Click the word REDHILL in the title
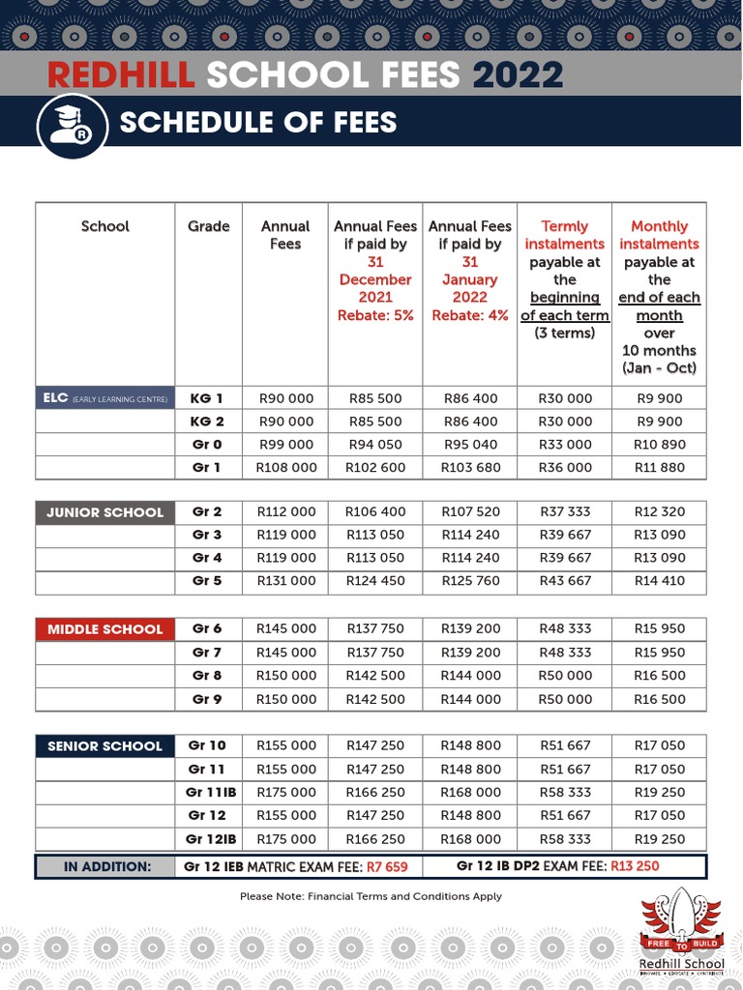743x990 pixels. click(x=121, y=75)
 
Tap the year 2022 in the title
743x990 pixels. click(x=518, y=75)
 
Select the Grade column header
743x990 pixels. click(x=208, y=226)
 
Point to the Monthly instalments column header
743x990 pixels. click(x=659, y=235)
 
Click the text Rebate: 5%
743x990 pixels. click(x=374, y=315)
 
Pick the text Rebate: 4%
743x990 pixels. click(x=469, y=315)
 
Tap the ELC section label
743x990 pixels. click(x=104, y=398)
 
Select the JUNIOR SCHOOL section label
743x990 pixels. click(x=104, y=512)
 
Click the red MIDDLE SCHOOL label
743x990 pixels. click(x=104, y=629)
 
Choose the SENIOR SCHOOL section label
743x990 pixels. click(x=104, y=746)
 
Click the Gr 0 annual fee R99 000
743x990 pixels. click(x=285, y=445)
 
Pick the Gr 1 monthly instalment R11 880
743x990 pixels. click(x=659, y=468)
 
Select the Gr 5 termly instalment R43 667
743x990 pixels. click(x=565, y=581)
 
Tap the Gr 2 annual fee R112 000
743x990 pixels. click(x=285, y=512)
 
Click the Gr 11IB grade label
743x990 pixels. click(x=207, y=793)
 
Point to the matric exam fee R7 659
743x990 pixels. click(x=387, y=866)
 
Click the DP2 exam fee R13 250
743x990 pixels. click(x=635, y=866)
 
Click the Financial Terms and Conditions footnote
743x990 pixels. click(x=371, y=896)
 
